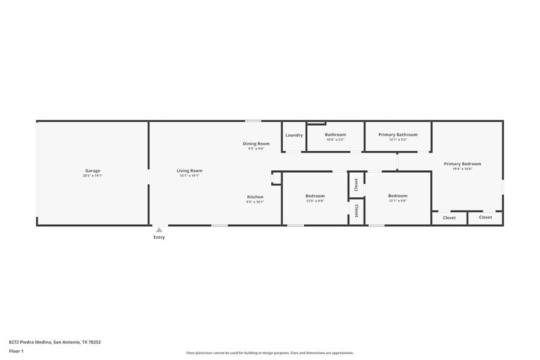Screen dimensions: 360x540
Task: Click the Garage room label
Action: pos(92,171)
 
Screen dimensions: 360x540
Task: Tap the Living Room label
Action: pos(189,171)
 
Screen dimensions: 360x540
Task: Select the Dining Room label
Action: pos(256,143)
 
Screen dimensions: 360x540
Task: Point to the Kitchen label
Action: pos(255,197)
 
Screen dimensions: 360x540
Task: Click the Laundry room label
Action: pos(294,135)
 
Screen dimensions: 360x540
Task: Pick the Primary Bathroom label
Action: pos(398,135)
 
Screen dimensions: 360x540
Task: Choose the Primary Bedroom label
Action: pos(462,163)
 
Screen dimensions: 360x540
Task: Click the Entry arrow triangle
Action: pos(159,230)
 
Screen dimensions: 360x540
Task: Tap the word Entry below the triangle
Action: pos(159,237)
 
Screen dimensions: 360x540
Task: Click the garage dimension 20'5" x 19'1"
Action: pos(92,176)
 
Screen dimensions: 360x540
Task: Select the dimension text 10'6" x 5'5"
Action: pos(336,140)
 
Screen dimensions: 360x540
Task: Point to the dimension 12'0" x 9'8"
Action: pos(315,201)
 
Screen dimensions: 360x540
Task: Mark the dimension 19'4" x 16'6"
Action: pos(462,169)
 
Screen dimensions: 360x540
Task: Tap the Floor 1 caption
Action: pos(16,351)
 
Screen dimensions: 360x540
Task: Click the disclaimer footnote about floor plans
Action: pos(269,353)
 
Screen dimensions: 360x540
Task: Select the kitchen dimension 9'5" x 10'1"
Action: pos(255,202)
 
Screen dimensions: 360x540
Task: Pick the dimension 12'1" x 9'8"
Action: pos(397,201)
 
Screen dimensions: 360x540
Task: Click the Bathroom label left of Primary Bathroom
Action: pos(336,135)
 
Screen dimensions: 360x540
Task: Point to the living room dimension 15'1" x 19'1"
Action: pos(189,176)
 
